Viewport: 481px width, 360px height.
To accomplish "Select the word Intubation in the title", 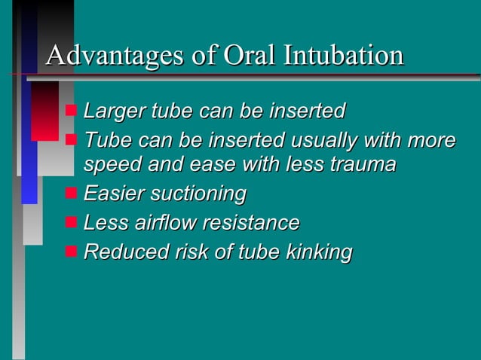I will point(344,56).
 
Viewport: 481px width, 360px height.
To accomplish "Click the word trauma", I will point(362,164).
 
